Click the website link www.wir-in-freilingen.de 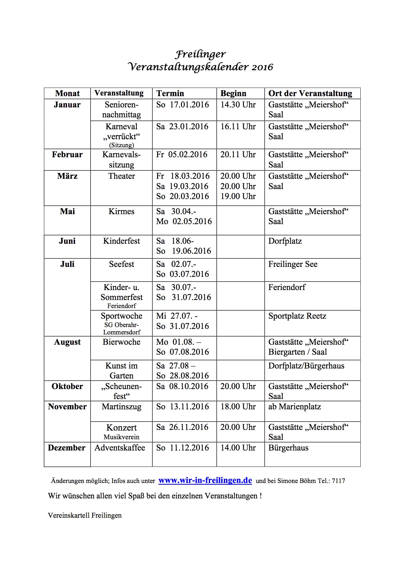coord(205,480)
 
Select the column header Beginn coord(233,94)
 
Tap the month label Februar coord(67,155)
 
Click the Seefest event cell coord(121,264)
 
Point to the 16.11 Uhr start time coord(238,127)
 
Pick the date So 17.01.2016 coord(183,105)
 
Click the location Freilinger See coord(293,264)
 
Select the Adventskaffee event coord(120,448)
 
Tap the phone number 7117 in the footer coord(338,481)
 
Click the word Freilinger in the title coord(200,54)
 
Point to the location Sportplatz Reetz coord(297,316)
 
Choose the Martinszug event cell coord(121,407)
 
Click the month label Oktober coord(67,387)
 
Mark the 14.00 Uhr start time coord(238,448)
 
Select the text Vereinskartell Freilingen coord(85,515)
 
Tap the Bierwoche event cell coord(121,342)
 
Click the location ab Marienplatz coord(295,407)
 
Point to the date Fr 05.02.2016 coord(182,155)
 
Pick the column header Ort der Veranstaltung coord(310,94)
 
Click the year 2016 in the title coord(262,67)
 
